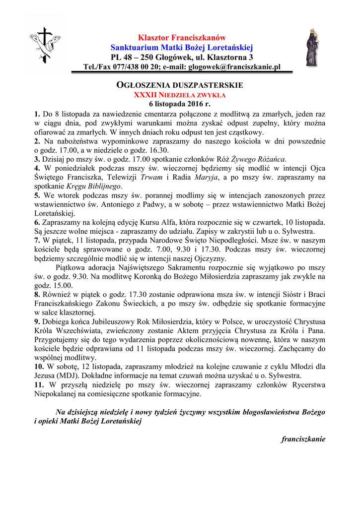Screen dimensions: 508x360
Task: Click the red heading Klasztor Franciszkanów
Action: pyautogui.click(x=182, y=38)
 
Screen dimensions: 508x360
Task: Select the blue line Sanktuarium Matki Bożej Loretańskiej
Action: pyautogui.click(x=182, y=48)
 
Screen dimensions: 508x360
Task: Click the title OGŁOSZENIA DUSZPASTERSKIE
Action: pyautogui.click(x=179, y=85)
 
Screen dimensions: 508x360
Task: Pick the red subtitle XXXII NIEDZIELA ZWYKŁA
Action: pyautogui.click(x=180, y=94)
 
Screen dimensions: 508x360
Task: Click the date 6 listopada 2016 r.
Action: pyautogui.click(x=180, y=104)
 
